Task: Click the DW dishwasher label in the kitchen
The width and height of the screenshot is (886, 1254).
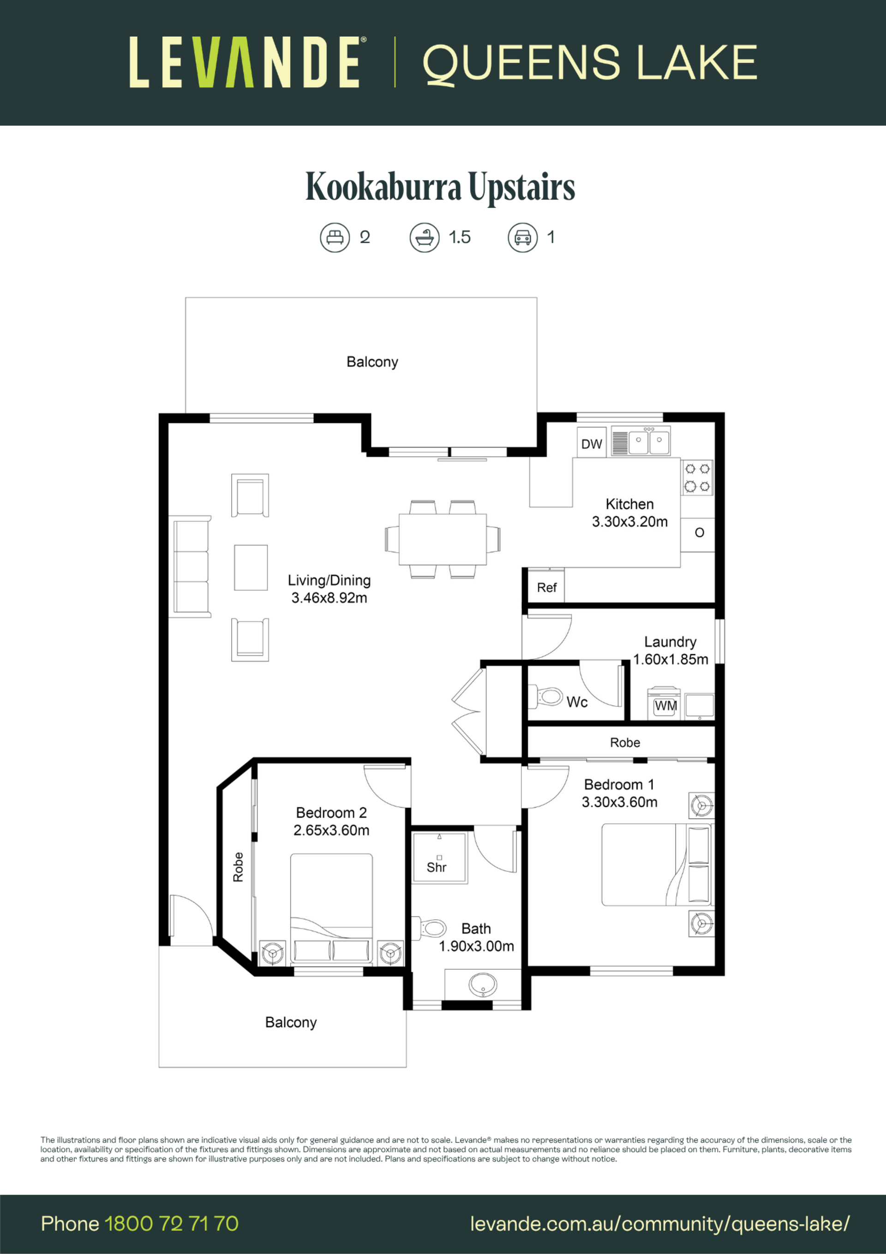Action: click(591, 444)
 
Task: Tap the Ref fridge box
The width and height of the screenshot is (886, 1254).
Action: click(546, 586)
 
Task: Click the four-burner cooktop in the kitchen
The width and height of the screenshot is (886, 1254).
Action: click(697, 477)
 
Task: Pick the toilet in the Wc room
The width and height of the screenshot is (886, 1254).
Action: click(546, 697)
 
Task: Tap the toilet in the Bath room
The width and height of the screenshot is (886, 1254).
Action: click(429, 928)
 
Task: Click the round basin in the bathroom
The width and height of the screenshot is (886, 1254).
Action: click(483, 985)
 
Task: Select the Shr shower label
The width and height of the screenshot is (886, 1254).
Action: click(437, 867)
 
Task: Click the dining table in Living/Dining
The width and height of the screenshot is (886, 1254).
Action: click(442, 539)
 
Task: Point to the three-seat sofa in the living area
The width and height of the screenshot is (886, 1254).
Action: click(192, 567)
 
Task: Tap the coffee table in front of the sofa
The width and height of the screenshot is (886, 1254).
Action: click(251, 567)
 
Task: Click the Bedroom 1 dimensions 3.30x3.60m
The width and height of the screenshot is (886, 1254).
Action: click(620, 802)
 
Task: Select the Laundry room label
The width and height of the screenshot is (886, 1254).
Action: click(670, 642)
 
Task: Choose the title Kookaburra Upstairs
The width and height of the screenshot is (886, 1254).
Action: click(440, 187)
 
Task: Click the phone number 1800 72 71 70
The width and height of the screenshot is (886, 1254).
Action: click(171, 1224)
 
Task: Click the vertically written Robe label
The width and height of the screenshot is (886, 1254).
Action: click(238, 867)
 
